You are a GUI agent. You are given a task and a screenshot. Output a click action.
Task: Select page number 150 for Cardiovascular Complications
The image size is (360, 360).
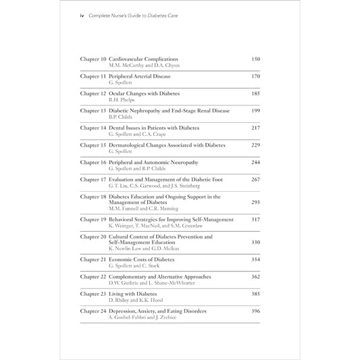click(x=255, y=59)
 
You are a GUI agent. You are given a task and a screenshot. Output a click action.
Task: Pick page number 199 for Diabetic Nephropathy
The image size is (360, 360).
click(x=255, y=110)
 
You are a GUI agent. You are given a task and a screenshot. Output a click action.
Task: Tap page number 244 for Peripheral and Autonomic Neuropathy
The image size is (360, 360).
click(x=255, y=162)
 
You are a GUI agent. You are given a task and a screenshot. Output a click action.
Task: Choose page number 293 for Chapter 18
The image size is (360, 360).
click(x=255, y=202)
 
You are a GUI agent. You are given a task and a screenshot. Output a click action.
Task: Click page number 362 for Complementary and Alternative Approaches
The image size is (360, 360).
click(x=255, y=277)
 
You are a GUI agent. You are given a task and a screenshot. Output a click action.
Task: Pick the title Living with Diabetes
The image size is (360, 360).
click(x=136, y=294)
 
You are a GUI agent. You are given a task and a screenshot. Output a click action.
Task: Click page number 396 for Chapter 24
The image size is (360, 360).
click(x=255, y=311)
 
